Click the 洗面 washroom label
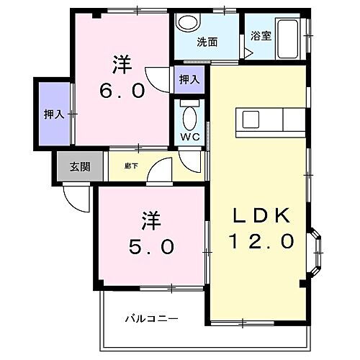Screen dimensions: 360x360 [207, 41]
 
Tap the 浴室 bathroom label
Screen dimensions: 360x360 [261, 35]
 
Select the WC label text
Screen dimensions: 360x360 [189, 135]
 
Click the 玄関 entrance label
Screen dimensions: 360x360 [79, 168]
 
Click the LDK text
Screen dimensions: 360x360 [261, 215]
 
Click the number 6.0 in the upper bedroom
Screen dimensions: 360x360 [122, 91]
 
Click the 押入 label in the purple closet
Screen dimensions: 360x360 [53, 113]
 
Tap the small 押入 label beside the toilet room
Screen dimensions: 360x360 [189, 78]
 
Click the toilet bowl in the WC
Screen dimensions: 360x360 [189, 115]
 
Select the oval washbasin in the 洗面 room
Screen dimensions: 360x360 [188, 24]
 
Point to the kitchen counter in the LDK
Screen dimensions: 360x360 [274, 120]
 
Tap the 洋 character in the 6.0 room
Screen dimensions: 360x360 [122, 64]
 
